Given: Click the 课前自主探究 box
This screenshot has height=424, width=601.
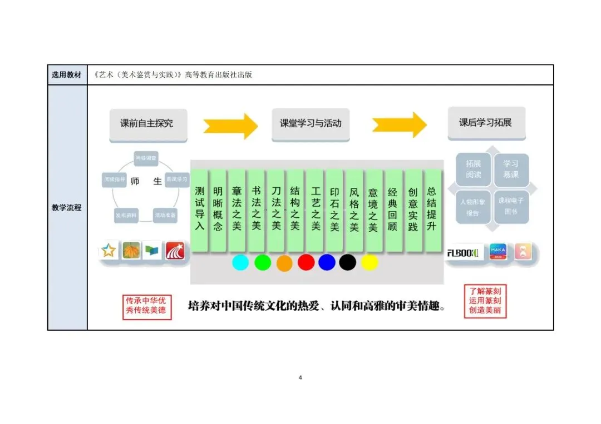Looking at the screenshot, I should (147, 123).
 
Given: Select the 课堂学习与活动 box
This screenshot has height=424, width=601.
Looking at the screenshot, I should (311, 123).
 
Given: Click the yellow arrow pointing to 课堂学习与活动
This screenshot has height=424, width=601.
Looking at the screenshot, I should (230, 126).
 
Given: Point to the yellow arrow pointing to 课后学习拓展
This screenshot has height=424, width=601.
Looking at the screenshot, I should (399, 125).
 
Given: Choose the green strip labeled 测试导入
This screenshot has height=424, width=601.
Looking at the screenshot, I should (200, 208).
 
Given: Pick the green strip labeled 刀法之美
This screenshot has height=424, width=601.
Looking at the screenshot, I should (276, 208).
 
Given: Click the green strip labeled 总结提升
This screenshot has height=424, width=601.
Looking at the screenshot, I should (432, 208).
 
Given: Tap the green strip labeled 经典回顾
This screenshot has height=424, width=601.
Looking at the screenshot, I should (393, 208).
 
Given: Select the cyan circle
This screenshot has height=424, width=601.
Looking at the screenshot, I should (240, 262).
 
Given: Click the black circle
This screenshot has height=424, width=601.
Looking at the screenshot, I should (347, 262).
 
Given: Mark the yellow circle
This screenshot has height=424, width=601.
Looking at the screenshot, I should (370, 262).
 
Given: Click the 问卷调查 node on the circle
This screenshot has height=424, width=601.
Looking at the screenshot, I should (146, 158).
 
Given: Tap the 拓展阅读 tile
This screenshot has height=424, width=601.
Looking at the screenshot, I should (473, 169).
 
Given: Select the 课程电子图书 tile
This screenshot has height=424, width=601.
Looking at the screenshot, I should (511, 207).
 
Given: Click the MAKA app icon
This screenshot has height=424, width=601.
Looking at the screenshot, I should (498, 252).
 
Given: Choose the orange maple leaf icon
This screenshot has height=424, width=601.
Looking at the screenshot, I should (131, 251).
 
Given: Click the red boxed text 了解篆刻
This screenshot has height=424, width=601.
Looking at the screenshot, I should (485, 291).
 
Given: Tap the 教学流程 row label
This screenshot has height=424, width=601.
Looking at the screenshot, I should (67, 207).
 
